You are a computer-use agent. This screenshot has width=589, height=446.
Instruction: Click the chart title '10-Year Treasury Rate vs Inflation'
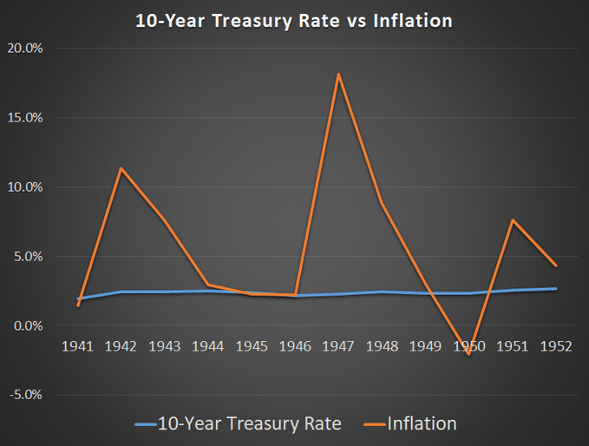click(x=294, y=20)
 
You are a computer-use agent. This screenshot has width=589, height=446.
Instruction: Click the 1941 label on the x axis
click(x=78, y=346)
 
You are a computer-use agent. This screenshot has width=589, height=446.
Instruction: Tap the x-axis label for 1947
click(x=338, y=346)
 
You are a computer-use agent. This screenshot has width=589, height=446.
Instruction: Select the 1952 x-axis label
click(x=555, y=346)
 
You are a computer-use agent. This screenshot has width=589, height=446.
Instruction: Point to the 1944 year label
click(x=208, y=346)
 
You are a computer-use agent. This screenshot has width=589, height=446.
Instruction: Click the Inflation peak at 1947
click(x=338, y=74)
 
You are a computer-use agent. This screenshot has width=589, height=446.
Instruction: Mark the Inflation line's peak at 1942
click(x=121, y=168)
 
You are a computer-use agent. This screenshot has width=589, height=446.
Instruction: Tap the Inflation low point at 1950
click(x=468, y=354)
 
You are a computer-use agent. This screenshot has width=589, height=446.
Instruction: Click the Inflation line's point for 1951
click(x=512, y=220)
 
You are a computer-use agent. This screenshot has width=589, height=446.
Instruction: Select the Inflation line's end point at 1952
click(x=555, y=266)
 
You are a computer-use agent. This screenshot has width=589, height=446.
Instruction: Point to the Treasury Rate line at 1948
click(x=382, y=292)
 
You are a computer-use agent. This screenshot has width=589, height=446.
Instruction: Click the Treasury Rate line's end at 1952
click(x=555, y=289)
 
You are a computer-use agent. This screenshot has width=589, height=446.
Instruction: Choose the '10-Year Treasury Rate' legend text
click(x=252, y=423)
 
